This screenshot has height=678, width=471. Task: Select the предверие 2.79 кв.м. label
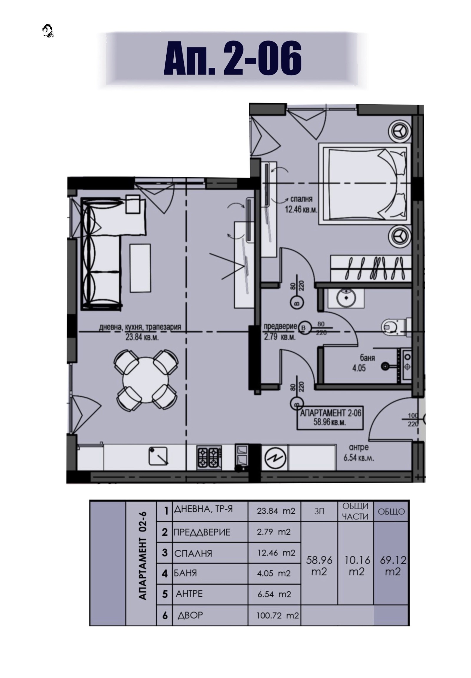click(280, 331)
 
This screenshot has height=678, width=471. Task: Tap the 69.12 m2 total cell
click(393, 565)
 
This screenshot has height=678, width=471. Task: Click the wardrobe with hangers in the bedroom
click(371, 268)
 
